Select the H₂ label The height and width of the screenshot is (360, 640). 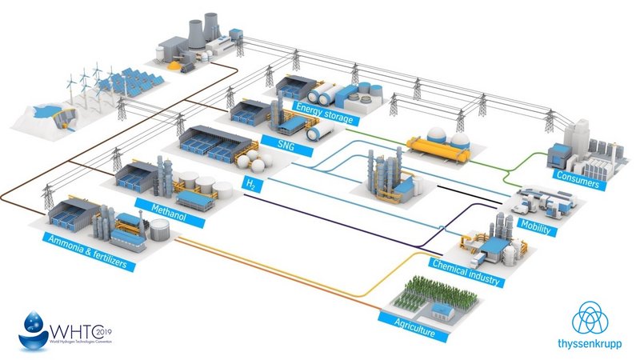(x=250, y=184)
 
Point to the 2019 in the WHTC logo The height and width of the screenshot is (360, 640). (x=103, y=330)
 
